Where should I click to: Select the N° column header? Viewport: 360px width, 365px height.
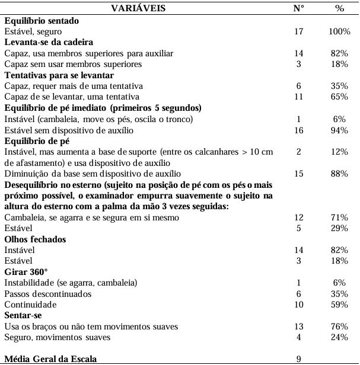tap(299, 9)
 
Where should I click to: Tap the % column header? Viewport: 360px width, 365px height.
tap(339, 9)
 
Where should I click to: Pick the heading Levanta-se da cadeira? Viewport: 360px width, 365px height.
tap(49, 43)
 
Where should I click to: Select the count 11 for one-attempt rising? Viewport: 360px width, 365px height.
tap(299, 97)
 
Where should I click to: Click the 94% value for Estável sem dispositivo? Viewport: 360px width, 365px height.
tap(339, 130)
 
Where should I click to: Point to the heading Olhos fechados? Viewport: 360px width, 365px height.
tap(35, 239)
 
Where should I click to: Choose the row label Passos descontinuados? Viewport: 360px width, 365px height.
tap(47, 294)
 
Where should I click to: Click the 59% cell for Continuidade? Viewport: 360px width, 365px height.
tap(339, 305)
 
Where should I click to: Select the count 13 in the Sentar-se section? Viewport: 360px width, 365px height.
tap(299, 326)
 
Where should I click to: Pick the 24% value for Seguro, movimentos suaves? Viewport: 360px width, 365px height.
tap(339, 337)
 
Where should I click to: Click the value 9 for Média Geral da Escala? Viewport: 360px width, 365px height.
tap(299, 358)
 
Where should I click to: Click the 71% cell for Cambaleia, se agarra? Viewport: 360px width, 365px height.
tap(339, 217)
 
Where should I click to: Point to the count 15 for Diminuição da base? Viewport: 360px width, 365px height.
tap(299, 173)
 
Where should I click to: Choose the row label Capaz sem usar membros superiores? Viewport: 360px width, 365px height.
tap(74, 64)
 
